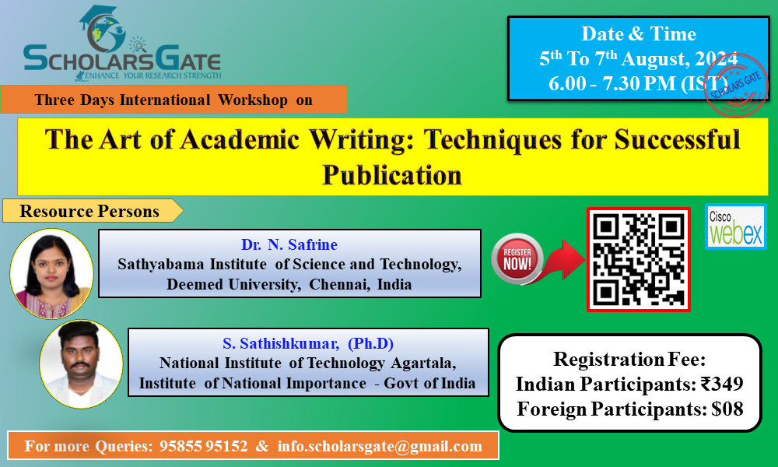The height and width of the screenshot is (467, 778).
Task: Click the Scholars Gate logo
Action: [122, 43]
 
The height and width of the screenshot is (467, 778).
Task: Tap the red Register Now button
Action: [517, 258]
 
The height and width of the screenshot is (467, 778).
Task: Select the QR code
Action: [639, 259]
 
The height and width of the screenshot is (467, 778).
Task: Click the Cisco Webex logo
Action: [736, 226]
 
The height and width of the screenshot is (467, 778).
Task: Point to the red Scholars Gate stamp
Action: [736, 85]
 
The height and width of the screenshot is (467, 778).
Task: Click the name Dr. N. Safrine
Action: [289, 244]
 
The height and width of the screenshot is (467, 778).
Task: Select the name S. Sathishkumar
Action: [281, 343]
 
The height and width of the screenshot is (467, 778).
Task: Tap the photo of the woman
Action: [51, 273]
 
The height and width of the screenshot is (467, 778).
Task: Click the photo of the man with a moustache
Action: [81, 364]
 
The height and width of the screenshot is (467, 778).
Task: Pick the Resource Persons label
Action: [89, 211]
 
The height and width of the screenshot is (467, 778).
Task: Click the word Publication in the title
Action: [392, 175]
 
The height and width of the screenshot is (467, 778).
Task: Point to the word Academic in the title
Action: [240, 139]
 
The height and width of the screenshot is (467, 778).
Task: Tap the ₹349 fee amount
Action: [722, 384]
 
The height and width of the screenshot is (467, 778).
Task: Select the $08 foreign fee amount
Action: [727, 409]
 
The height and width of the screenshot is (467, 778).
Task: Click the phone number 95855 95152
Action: [203, 446]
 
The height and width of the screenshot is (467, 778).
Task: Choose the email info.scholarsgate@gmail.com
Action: [380, 446]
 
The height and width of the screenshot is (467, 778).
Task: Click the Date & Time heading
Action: [639, 33]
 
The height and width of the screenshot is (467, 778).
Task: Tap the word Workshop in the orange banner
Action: [253, 100]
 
